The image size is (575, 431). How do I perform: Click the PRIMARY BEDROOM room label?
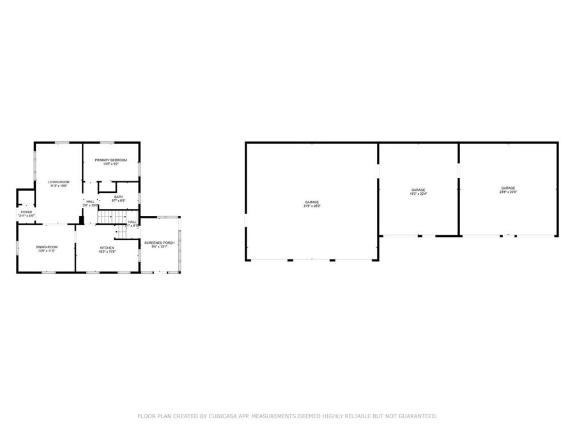pyautogui.click(x=111, y=160)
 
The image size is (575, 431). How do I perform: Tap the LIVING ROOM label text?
pyautogui.click(x=59, y=182)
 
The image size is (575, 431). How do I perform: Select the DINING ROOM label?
pyautogui.click(x=47, y=247)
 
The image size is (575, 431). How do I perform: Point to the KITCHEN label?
pyautogui.click(x=107, y=247)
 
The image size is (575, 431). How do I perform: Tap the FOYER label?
pyautogui.click(x=26, y=211)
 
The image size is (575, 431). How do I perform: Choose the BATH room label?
pyautogui.click(x=119, y=197)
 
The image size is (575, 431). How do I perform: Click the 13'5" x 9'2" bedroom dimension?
pyautogui.click(x=111, y=164)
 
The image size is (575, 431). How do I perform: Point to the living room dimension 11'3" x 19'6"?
pyautogui.click(x=59, y=186)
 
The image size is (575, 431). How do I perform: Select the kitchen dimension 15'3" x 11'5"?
pyautogui.click(x=107, y=252)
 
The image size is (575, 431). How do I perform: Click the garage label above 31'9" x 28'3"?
pyautogui.click(x=312, y=202)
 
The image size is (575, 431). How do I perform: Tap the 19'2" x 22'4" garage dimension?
pyautogui.click(x=418, y=194)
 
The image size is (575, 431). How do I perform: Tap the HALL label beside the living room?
pyautogui.click(x=91, y=201)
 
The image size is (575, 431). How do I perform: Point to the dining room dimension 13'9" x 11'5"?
pyautogui.click(x=47, y=252)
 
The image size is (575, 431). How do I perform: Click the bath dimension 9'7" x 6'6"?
pyautogui.click(x=119, y=201)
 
